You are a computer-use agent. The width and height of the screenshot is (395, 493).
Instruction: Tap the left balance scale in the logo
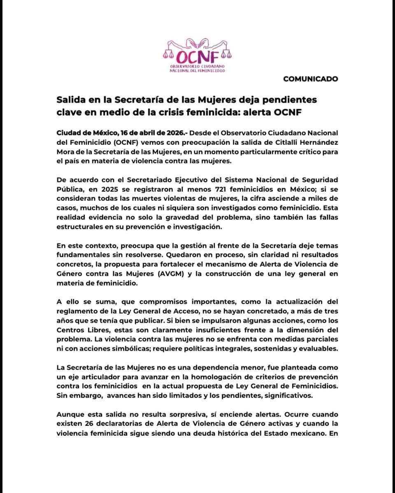pyautogui.click(x=168, y=53)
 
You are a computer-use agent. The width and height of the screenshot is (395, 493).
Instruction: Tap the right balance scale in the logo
pyautogui.click(x=225, y=53)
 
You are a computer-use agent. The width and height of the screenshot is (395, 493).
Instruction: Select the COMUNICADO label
pyautogui.click(x=311, y=79)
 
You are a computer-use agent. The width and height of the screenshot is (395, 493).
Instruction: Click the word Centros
pyautogui.click(x=70, y=330)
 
